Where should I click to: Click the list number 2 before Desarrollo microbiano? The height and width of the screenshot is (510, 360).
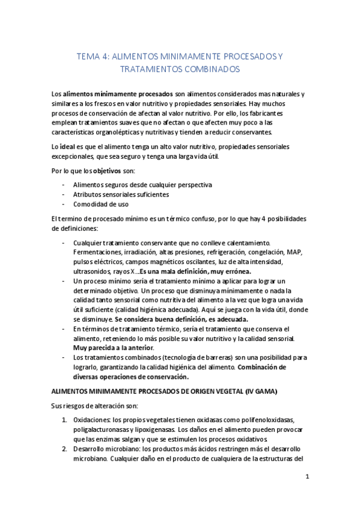[x=64, y=449]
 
